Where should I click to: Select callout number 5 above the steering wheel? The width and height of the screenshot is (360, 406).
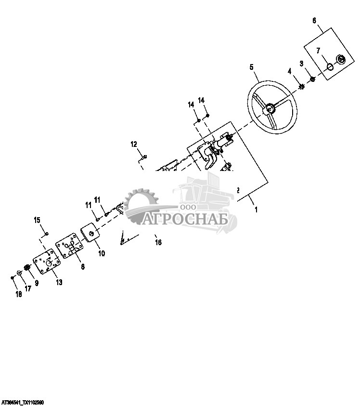pos(251,67)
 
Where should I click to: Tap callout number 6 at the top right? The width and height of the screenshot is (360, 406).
pos(314,20)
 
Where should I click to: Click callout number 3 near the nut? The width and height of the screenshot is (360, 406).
pos(301,64)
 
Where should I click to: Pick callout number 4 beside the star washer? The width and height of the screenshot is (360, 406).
pos(290,71)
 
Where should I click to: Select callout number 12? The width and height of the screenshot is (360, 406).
pos(134,144)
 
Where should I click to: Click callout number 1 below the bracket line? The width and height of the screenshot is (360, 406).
pos(256,210)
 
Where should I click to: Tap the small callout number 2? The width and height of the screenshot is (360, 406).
pos(238,190)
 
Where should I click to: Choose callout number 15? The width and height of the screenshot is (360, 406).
pos(37,220)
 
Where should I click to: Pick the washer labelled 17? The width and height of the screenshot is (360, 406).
pos(19,273)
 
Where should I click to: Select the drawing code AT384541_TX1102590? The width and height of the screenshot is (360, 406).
pos(23,402)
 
